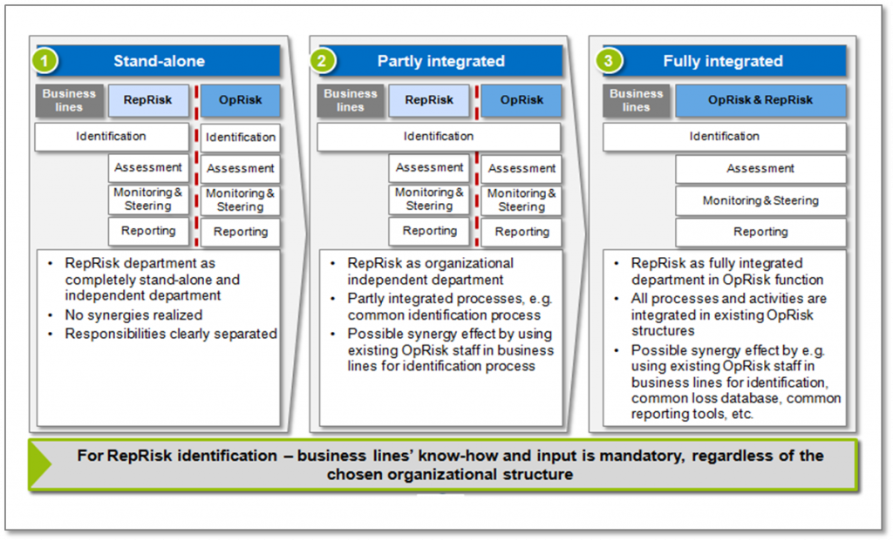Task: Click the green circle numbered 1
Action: click(45, 61)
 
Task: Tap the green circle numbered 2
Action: click(324, 61)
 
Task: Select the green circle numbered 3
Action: click(606, 61)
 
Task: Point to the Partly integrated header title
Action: click(440, 61)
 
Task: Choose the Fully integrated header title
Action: click(722, 61)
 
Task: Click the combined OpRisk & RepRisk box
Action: click(760, 100)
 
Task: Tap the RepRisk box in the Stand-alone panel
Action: click(147, 100)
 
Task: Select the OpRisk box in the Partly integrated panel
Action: click(521, 100)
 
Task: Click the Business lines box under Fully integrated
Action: click(636, 100)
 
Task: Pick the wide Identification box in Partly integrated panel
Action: click(439, 137)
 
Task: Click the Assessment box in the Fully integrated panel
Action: click(760, 168)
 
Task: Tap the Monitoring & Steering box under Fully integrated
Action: click(760, 200)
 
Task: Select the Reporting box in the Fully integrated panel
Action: click(760, 232)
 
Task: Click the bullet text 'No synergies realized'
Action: click(133, 315)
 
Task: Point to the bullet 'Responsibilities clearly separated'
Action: click(171, 334)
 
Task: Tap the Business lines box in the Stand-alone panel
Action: click(69, 100)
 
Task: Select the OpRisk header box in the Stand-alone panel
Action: click(241, 100)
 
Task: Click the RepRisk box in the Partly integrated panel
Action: click(429, 100)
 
